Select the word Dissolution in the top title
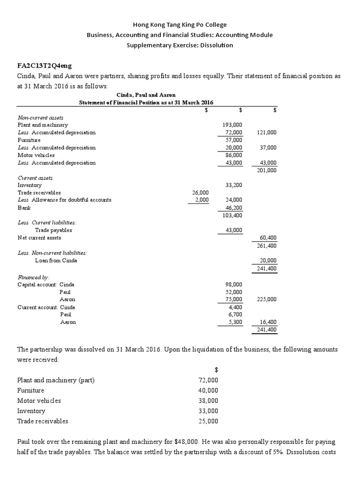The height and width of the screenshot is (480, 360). point(217,45)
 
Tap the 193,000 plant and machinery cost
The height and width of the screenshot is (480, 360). point(232,125)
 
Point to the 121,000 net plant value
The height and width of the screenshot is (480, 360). point(267,133)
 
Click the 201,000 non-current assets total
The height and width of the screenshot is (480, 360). point(267,170)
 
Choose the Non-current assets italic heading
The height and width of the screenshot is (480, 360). point(40,118)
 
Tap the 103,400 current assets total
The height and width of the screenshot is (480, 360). point(232,215)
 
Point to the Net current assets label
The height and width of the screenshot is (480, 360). point(39,238)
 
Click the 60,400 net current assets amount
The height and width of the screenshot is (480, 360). point(268,238)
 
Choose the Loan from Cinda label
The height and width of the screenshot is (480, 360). point(55,260)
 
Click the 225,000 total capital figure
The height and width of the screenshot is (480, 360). point(267,299)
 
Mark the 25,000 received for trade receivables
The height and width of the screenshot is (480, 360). point(208,421)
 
